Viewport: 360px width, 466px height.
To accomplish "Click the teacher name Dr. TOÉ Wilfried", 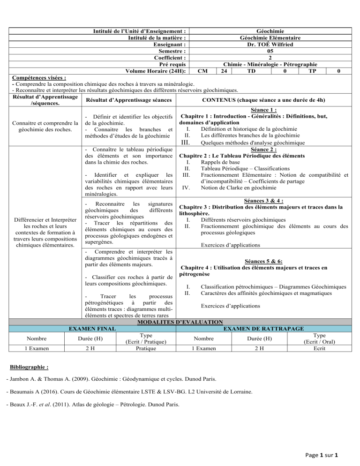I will pos(270,44).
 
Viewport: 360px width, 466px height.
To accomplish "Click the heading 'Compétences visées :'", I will pos(39,77).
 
